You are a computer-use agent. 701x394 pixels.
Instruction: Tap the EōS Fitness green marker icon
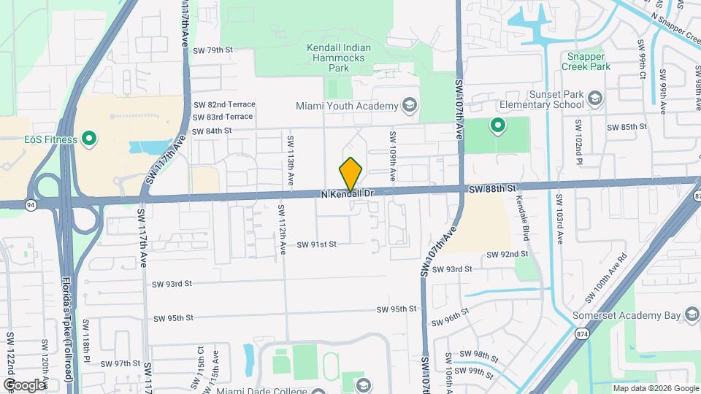(x=90, y=138)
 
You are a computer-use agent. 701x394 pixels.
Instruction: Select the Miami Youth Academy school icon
(x=410, y=106)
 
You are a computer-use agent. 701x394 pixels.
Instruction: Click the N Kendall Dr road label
(x=348, y=194)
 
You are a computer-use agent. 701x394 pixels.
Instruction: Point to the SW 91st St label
(x=316, y=244)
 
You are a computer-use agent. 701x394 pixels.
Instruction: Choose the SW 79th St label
(x=212, y=50)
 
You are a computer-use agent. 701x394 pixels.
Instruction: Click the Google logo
(x=23, y=385)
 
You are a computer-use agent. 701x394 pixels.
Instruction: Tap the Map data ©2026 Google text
(x=655, y=388)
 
